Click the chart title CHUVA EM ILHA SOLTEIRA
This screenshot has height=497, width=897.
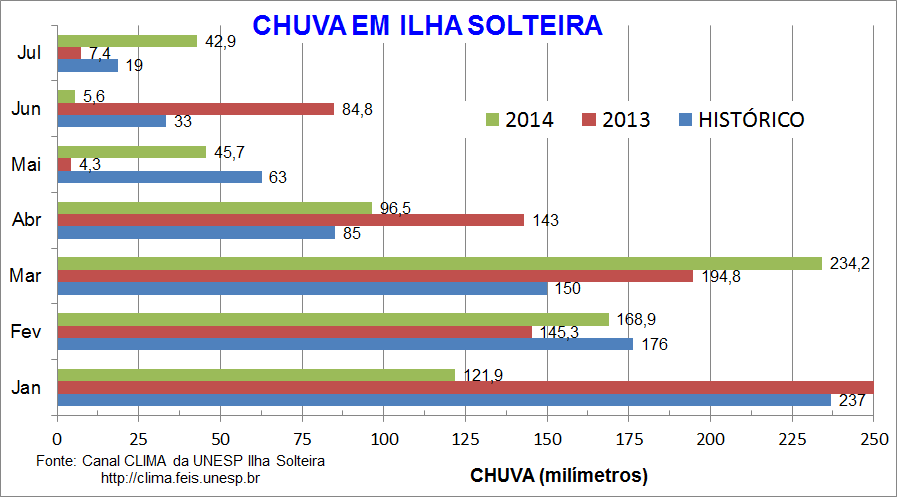426,25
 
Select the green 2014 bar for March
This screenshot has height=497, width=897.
439,263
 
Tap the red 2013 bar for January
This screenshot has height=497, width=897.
465,387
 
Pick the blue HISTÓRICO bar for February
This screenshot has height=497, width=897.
344,344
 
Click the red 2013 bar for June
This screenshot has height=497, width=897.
195,109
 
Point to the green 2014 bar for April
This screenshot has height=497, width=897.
214,208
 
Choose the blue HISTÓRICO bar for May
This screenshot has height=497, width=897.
159,177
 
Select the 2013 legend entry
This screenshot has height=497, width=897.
614,120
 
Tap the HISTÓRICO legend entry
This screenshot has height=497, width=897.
741,120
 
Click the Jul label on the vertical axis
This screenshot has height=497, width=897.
29,54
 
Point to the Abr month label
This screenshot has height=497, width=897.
27,220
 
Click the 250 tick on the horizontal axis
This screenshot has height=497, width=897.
873,439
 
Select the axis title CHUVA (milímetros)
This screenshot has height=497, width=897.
559,473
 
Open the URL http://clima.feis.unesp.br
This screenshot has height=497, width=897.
181,478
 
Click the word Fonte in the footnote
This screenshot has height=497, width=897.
55,461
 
